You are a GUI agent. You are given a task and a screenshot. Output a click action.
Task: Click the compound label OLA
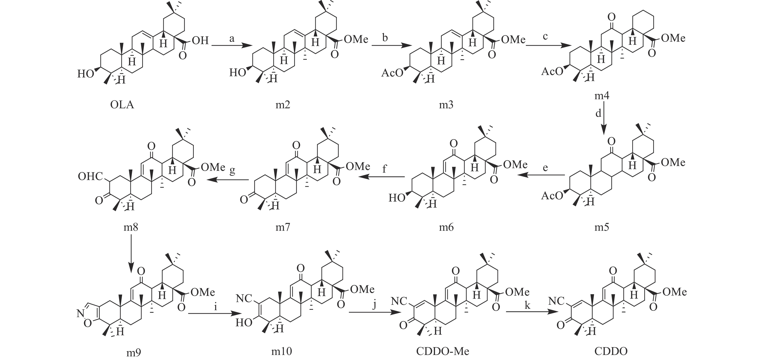(x=122, y=105)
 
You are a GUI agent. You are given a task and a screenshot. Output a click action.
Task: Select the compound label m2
(x=283, y=105)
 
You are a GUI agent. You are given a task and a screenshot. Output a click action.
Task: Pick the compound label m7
(x=283, y=227)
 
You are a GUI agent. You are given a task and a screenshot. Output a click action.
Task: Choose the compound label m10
(x=281, y=351)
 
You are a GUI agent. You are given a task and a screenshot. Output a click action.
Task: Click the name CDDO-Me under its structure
(x=442, y=351)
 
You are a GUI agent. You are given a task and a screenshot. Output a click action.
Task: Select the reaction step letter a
(x=232, y=39)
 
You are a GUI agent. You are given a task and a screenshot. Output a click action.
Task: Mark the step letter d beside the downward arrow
(x=598, y=113)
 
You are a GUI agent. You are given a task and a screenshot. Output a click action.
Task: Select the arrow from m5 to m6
(x=541, y=175)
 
